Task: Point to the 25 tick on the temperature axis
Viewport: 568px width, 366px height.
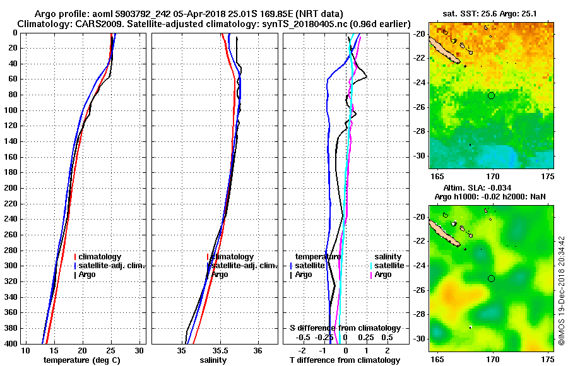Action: click(111, 350)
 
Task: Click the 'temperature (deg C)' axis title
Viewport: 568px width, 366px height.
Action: click(81, 360)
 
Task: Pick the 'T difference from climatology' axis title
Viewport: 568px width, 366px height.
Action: click(345, 360)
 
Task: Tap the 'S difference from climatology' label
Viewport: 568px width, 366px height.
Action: click(345, 328)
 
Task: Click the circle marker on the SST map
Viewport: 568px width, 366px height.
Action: click(492, 95)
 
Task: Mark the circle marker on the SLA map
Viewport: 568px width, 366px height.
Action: click(492, 278)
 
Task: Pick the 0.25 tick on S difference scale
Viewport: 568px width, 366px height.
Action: click(366, 337)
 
